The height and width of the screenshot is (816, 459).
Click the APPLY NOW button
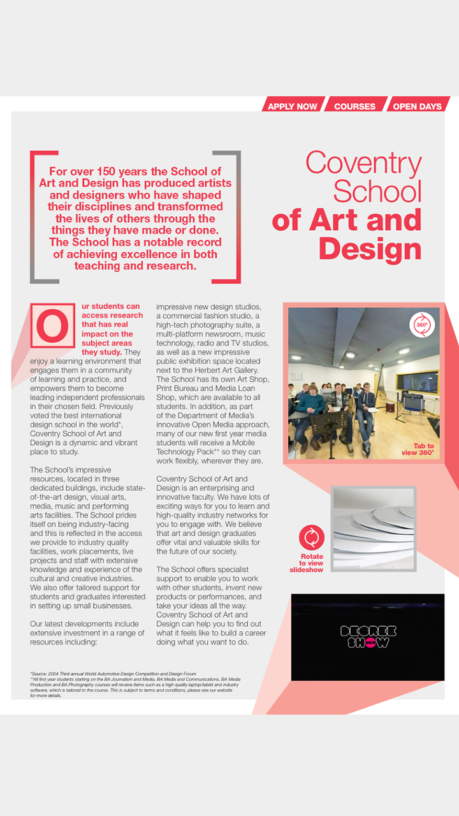292,106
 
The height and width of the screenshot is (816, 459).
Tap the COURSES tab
354,106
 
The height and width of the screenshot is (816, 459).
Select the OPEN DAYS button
417,106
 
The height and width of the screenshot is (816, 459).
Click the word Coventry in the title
363,163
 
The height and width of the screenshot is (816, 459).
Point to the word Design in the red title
370,248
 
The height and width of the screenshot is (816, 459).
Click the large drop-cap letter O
52,324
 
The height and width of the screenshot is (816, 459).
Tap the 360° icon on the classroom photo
422,324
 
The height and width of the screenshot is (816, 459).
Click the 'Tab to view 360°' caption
418,449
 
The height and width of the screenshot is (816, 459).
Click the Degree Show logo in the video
368,637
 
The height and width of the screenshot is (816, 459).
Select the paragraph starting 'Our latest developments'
87,633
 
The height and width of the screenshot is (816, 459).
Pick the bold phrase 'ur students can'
110,307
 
